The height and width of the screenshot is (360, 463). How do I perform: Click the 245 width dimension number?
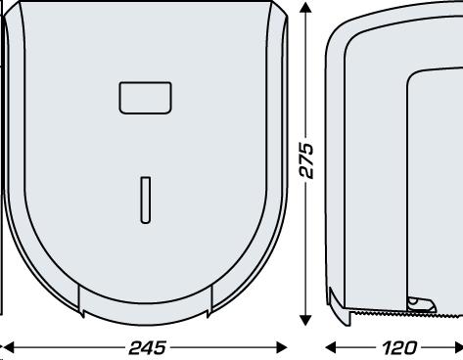tap(148, 348)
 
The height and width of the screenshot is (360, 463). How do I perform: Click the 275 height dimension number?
tap(306, 160)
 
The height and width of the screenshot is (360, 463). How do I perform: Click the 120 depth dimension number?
tap(399, 348)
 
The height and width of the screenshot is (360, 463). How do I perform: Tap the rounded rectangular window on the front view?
tap(145, 98)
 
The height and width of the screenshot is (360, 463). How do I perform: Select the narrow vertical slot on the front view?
tap(146, 201)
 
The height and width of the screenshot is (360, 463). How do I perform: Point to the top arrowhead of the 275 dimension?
tap(305, 7)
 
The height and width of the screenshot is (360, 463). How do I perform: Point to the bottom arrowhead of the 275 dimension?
tap(305, 320)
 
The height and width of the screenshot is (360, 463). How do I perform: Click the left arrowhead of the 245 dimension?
tap(9, 347)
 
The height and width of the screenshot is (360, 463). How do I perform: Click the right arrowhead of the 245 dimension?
tap(281, 347)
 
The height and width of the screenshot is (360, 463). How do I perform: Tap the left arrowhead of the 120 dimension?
tap(331, 347)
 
